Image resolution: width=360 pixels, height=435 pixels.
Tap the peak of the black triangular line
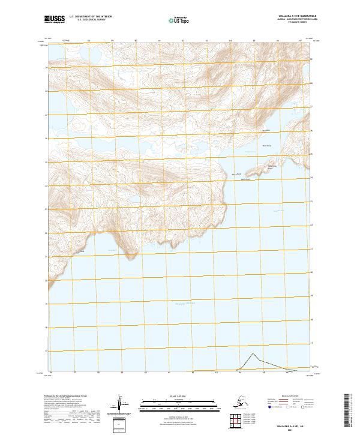pyautogui.click(x=253, y=353)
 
